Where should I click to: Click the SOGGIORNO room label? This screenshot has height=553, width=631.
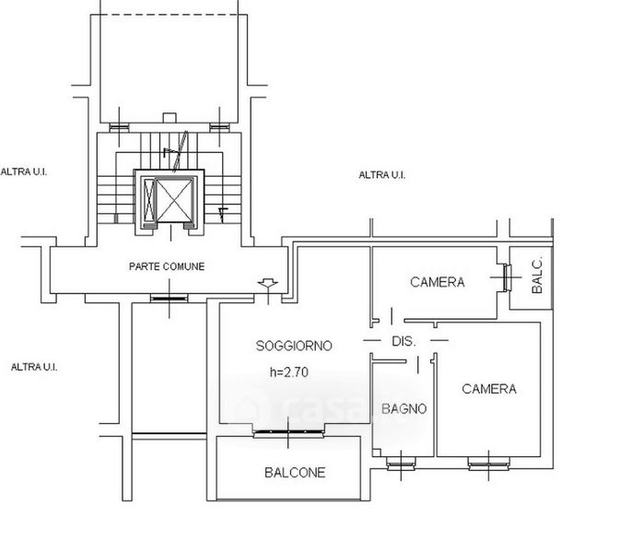(294, 346)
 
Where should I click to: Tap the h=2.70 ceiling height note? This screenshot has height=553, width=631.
(289, 371)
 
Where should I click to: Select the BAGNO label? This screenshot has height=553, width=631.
(403, 409)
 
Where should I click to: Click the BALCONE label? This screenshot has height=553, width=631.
(295, 473)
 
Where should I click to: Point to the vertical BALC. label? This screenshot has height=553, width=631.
(537, 275)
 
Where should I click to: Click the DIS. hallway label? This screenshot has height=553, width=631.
(403, 342)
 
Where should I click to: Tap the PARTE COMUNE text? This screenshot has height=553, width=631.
(167, 266)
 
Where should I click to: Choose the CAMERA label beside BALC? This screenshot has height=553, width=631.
(437, 282)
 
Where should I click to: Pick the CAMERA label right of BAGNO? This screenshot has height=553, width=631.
(489, 389)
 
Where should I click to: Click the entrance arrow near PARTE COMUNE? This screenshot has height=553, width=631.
(268, 284)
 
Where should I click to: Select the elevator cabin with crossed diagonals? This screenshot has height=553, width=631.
(174, 200)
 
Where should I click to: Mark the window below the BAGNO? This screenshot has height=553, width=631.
(401, 464)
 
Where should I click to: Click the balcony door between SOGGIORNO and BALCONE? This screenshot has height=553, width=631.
(288, 433)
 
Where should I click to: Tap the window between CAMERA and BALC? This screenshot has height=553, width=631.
(506, 277)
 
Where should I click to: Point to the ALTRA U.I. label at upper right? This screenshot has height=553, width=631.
(382, 175)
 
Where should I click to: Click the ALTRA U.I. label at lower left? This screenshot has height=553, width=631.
(34, 367)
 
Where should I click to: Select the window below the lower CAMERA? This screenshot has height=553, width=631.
(489, 464)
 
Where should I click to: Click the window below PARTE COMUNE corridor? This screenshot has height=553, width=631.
(169, 299)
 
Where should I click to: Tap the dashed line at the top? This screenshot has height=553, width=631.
(169, 15)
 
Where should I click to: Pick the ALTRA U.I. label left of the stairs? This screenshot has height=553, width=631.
(24, 172)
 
